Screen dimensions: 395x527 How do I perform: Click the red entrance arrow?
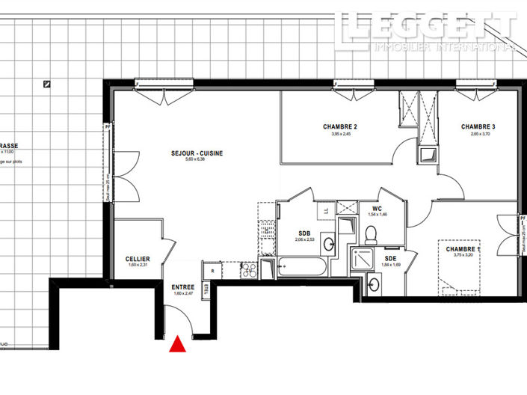(x=178, y=343)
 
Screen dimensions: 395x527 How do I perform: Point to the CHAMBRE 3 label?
(x=478, y=126)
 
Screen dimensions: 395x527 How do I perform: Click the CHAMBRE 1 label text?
(x=463, y=249)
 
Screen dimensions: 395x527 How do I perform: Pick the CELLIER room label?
(x=138, y=259)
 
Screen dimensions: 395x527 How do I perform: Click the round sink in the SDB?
(x=328, y=243)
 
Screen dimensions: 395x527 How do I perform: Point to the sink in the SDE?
(x=372, y=283)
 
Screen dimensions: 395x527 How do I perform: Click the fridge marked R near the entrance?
(x=213, y=272)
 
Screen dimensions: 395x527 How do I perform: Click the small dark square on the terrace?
(x=47, y=84)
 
